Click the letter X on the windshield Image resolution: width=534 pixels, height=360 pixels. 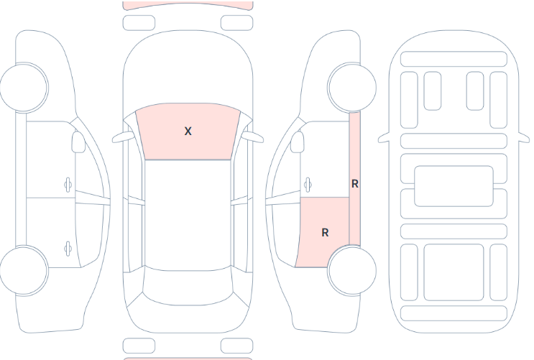pos(188,131)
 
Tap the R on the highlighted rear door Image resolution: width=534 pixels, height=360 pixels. pos(325,233)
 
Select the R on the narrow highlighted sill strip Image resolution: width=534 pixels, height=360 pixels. pos(354,184)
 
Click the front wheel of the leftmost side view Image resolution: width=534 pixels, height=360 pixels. pos(24,87)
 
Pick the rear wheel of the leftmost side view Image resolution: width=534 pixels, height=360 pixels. pos(24,270)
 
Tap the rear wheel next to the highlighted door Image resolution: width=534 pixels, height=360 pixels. pos(351,270)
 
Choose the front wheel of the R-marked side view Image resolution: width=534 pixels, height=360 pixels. pos(351,87)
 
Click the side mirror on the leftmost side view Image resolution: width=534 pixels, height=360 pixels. pos(78,142)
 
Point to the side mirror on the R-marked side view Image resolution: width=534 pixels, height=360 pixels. pos(297,142)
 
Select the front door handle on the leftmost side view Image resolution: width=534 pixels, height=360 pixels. pos(68,185)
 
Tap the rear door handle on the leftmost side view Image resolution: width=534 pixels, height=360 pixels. pos(68,249)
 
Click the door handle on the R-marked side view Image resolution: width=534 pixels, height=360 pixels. pos(308,185)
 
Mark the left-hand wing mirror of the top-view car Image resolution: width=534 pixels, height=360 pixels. pos(122,137)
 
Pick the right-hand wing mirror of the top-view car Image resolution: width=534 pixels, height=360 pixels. pos(253,137)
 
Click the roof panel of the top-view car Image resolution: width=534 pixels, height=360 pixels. pos(188,216)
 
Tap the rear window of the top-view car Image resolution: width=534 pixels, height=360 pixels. pos(188,287)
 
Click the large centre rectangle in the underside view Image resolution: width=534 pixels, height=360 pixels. pos(454,186)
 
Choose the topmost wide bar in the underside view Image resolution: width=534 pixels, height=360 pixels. pos(454,59)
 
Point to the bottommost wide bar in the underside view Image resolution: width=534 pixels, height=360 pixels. pos(454,313)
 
